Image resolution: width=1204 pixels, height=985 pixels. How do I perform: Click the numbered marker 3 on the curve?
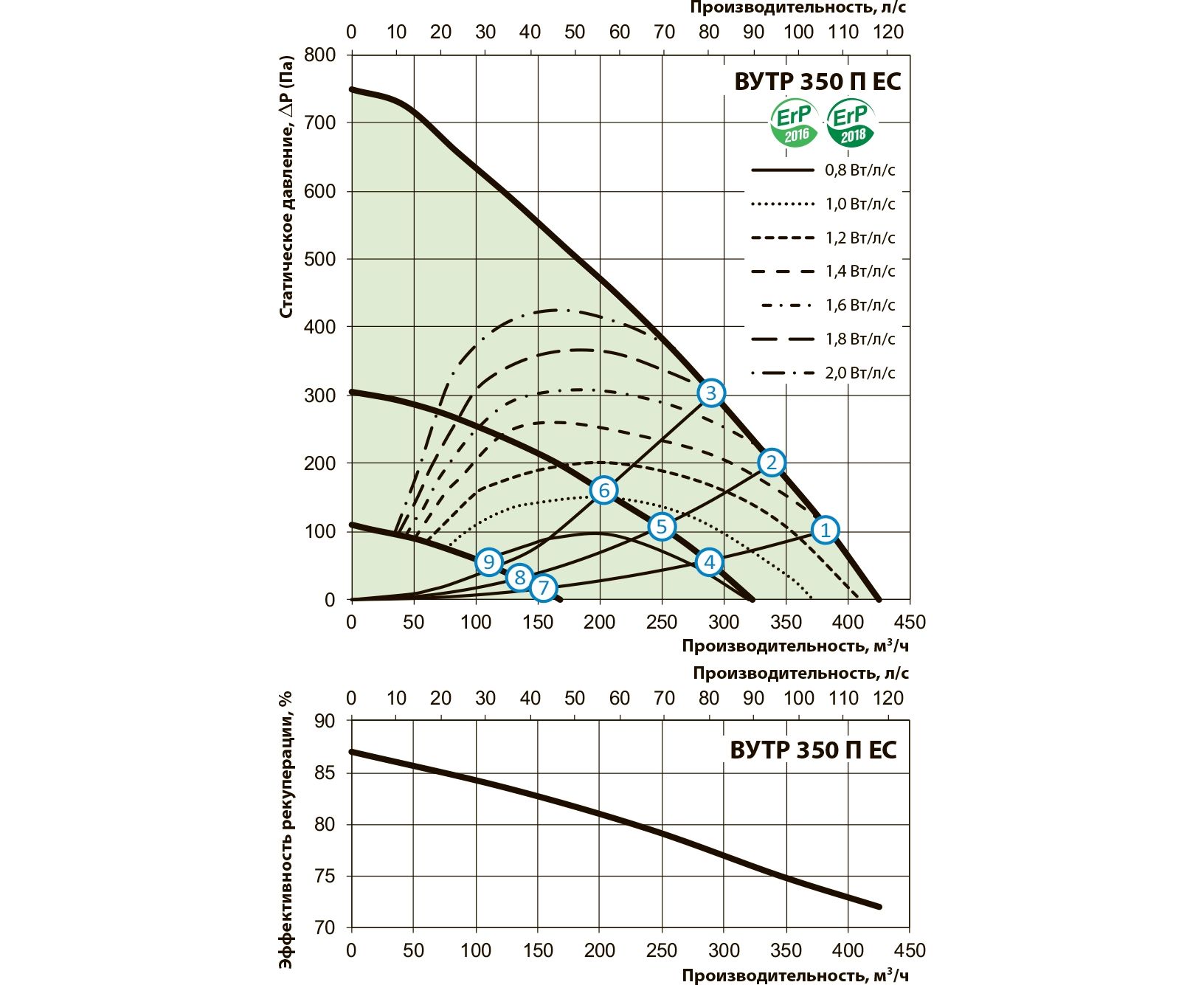point(710,393)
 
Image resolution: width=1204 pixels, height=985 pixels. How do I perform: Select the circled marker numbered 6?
point(603,490)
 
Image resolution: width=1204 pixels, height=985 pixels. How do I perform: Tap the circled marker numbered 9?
point(488,562)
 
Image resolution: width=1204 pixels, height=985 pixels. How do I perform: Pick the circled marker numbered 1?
point(825,530)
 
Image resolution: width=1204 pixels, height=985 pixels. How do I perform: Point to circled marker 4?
point(709,562)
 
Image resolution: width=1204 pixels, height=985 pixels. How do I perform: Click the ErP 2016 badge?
point(795,123)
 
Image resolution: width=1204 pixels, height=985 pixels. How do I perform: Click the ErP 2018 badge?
point(851,123)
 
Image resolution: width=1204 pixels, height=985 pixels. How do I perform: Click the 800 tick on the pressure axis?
point(319,55)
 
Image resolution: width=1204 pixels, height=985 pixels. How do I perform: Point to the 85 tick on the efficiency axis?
point(325,773)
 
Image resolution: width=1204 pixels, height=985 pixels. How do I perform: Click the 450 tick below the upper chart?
point(910,622)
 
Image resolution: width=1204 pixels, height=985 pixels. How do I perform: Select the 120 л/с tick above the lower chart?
point(888,698)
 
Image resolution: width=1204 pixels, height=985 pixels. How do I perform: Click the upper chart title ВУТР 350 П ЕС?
point(817,81)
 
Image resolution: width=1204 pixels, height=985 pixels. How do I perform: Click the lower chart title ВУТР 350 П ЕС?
point(813,750)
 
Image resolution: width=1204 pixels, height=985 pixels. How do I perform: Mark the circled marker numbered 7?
point(543,588)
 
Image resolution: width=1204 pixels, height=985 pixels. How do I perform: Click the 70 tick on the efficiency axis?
point(325,927)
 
